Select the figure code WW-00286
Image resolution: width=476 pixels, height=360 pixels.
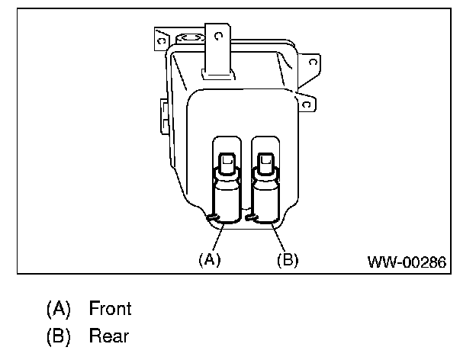point(407,261)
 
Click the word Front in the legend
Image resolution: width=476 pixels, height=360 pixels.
point(110,309)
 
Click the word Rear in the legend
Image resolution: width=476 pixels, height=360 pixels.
point(108,336)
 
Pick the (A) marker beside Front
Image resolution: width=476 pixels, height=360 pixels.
point(58,309)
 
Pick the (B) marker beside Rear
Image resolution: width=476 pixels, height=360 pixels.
point(58,336)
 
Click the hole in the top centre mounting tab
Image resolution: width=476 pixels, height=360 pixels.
point(218,35)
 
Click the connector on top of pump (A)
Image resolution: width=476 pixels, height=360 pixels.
point(227,162)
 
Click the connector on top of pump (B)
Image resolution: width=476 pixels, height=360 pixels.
point(265,162)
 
